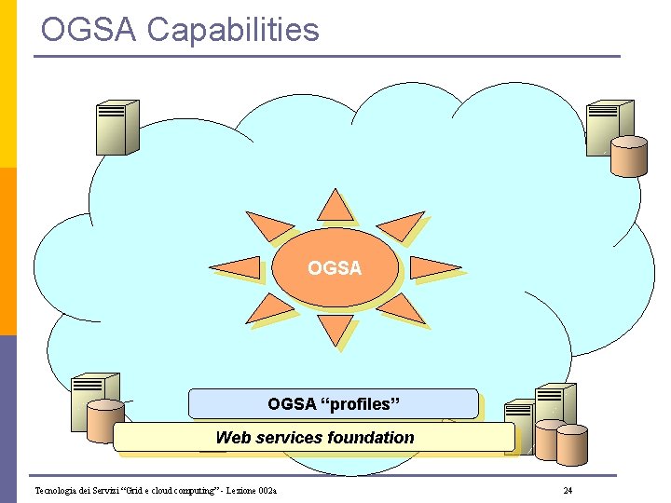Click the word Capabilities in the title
233,30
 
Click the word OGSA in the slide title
89,30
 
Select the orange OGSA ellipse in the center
335,268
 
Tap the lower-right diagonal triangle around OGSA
404,308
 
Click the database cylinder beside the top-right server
629,155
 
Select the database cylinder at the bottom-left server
105,421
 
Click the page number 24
568,491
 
